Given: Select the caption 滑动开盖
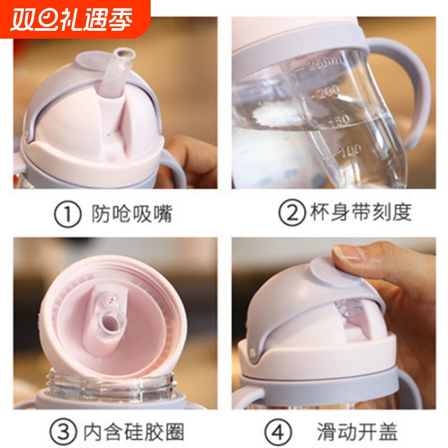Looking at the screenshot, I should pos(356,431).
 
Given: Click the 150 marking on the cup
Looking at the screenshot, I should pos(339,120).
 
